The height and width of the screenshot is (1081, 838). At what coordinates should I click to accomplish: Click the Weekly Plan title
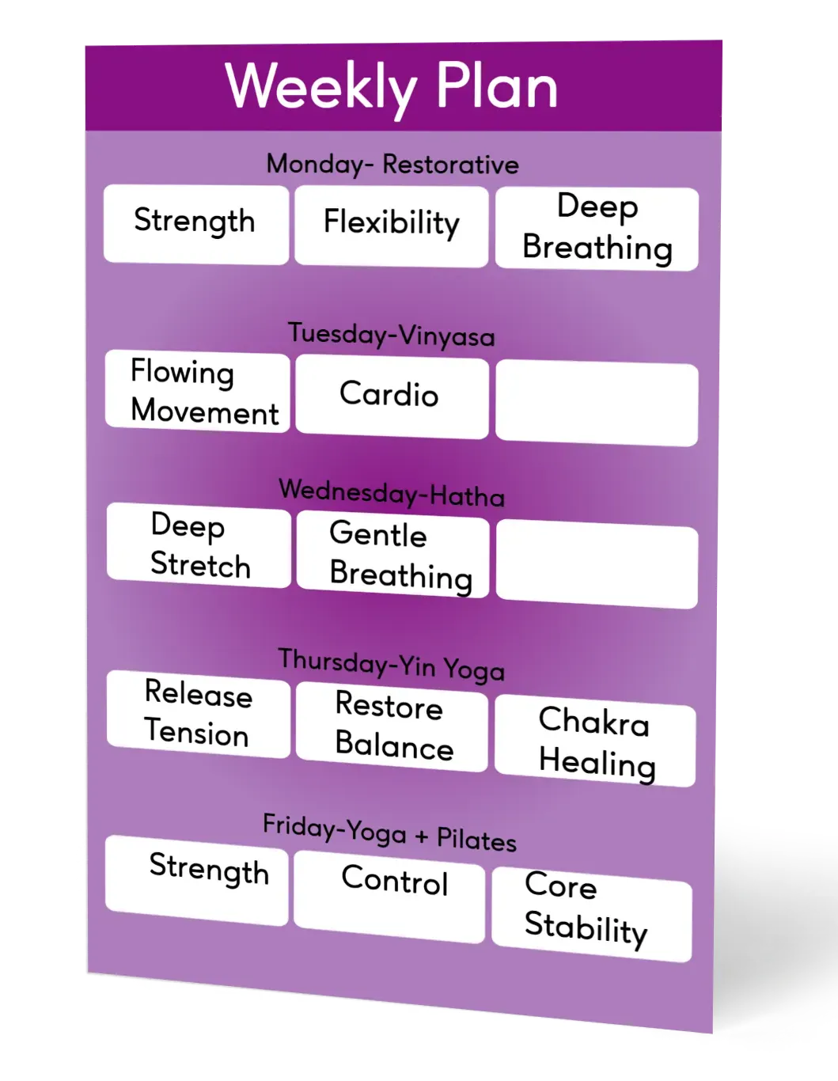pos(392,86)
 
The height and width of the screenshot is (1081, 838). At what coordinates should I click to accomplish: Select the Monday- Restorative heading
pos(392,165)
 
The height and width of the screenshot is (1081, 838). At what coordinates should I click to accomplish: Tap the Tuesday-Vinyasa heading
pos(391,334)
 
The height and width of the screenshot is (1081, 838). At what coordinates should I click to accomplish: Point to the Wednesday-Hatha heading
pos(392,493)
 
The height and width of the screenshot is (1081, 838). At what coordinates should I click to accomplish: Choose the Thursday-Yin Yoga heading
pos(391,666)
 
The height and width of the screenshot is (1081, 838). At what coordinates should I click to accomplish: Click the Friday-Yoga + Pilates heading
pos(389,833)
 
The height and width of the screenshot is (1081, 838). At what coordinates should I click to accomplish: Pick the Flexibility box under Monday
pos(391,225)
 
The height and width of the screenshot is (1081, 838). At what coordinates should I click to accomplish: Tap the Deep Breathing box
pos(597,229)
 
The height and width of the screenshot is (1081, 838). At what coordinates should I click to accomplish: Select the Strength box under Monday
pos(195,223)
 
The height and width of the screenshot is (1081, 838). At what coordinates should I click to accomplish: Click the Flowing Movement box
pos(198,392)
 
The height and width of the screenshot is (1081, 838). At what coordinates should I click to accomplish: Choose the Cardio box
pos(392,395)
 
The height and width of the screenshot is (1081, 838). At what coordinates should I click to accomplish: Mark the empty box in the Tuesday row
pos(597,404)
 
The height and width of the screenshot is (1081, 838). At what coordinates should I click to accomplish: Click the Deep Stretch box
pos(199,546)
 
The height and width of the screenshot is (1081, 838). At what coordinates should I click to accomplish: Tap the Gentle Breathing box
pos(392,556)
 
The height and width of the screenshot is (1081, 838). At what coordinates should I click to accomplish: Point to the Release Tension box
pos(198,714)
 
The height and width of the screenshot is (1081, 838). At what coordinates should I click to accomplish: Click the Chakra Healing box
pos(595,742)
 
